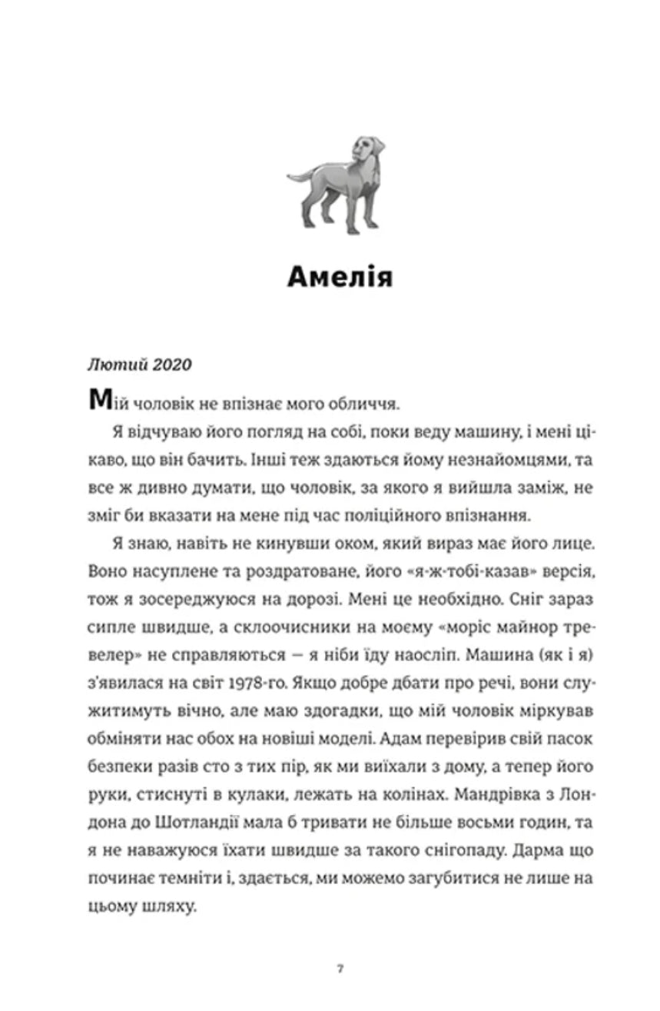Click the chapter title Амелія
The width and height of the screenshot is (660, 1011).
[x=340, y=277]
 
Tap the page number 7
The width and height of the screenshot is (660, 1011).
[x=340, y=968]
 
